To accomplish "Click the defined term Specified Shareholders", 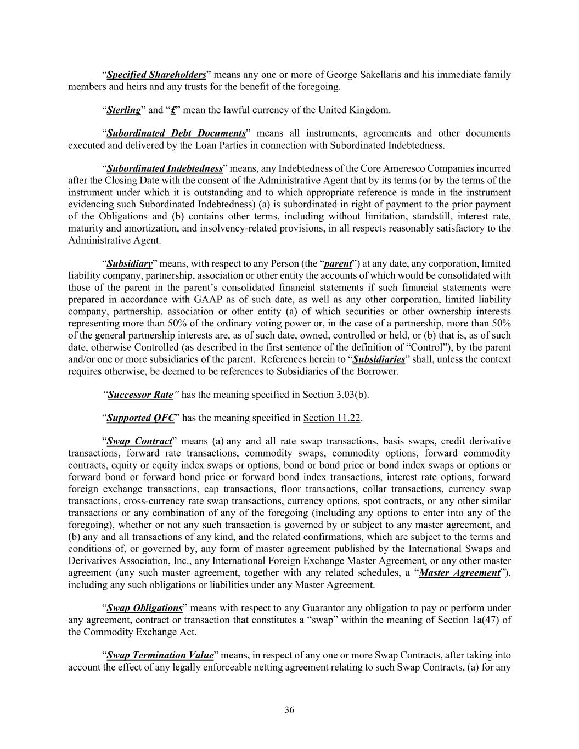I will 156,75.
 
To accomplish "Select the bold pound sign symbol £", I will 173,110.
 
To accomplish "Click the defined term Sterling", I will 123,110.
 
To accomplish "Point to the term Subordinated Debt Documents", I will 176,133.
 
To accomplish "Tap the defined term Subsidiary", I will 129,263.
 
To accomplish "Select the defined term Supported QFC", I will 140,418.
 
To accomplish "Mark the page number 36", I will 289,710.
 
